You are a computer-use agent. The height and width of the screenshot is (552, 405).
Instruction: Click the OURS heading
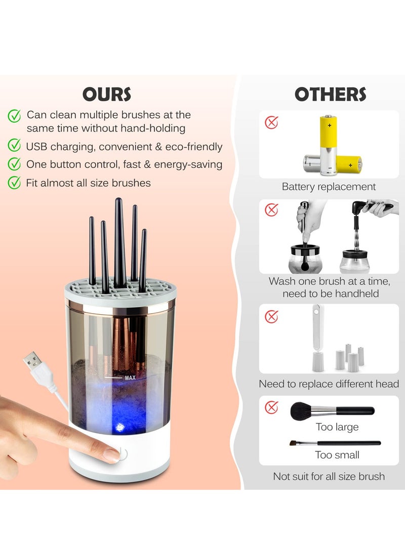(x=106, y=94)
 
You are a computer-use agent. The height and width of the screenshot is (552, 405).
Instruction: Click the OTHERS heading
(x=330, y=94)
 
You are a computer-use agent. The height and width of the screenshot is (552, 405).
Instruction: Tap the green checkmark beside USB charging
(x=14, y=146)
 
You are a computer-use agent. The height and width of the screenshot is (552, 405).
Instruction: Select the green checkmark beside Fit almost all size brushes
(x=14, y=182)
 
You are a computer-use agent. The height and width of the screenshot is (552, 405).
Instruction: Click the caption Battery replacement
(x=329, y=187)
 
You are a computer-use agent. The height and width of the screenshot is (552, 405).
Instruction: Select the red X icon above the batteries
(x=272, y=122)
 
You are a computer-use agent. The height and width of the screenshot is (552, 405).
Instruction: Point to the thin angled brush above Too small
(x=335, y=443)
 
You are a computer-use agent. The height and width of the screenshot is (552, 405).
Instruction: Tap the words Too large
(x=337, y=427)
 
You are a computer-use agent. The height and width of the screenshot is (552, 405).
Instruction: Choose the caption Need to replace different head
(x=329, y=384)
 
